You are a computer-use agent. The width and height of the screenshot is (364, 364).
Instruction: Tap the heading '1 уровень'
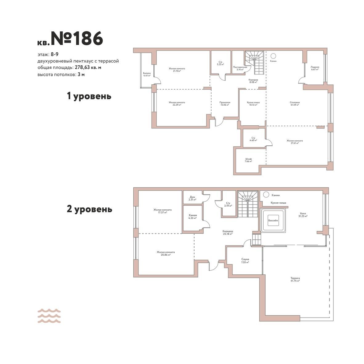click(89, 96)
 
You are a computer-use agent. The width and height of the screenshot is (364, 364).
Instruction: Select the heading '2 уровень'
click(89, 209)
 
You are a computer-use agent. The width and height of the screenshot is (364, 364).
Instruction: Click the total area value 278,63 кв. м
click(88, 67)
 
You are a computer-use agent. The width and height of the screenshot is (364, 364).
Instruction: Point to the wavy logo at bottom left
click(49, 316)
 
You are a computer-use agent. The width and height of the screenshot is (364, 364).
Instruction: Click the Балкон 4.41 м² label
click(147, 74)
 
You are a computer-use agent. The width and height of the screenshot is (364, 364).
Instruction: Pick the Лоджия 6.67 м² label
click(315, 68)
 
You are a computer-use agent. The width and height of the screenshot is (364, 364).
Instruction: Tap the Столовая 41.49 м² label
click(295, 103)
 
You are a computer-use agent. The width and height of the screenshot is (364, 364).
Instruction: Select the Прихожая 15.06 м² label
click(225, 103)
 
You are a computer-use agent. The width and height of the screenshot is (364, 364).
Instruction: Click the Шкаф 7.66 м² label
click(249, 160)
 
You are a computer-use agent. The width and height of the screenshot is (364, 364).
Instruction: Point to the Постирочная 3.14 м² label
click(240, 68)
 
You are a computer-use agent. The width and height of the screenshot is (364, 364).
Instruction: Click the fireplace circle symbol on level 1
click(273, 56)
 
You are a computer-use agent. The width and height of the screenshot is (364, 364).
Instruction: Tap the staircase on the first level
click(255, 63)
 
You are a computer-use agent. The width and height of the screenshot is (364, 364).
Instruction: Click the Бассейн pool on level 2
click(273, 220)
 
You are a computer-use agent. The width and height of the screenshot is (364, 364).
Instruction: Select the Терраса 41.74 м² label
click(295, 279)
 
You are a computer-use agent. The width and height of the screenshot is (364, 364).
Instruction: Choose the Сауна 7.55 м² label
click(245, 261)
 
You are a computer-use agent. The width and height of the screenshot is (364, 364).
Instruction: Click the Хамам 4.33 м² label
click(193, 216)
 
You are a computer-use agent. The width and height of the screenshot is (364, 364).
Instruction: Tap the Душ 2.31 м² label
click(192, 198)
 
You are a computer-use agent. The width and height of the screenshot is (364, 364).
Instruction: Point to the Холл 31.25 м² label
click(303, 215)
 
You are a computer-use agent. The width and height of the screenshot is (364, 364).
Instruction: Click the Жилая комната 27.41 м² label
click(295, 142)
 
